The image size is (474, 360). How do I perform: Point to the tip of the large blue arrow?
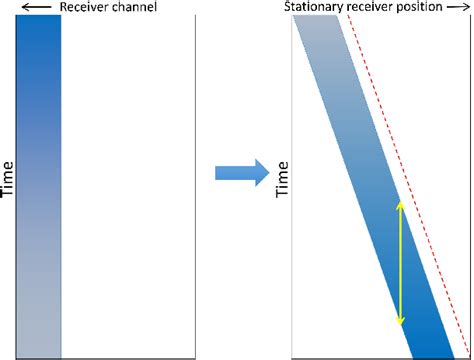tap(269, 172)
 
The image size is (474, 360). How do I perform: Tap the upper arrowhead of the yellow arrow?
tap(401, 203)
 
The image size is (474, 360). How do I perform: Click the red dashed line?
tap(410, 180)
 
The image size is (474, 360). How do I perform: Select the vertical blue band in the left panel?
tap(39, 190)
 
